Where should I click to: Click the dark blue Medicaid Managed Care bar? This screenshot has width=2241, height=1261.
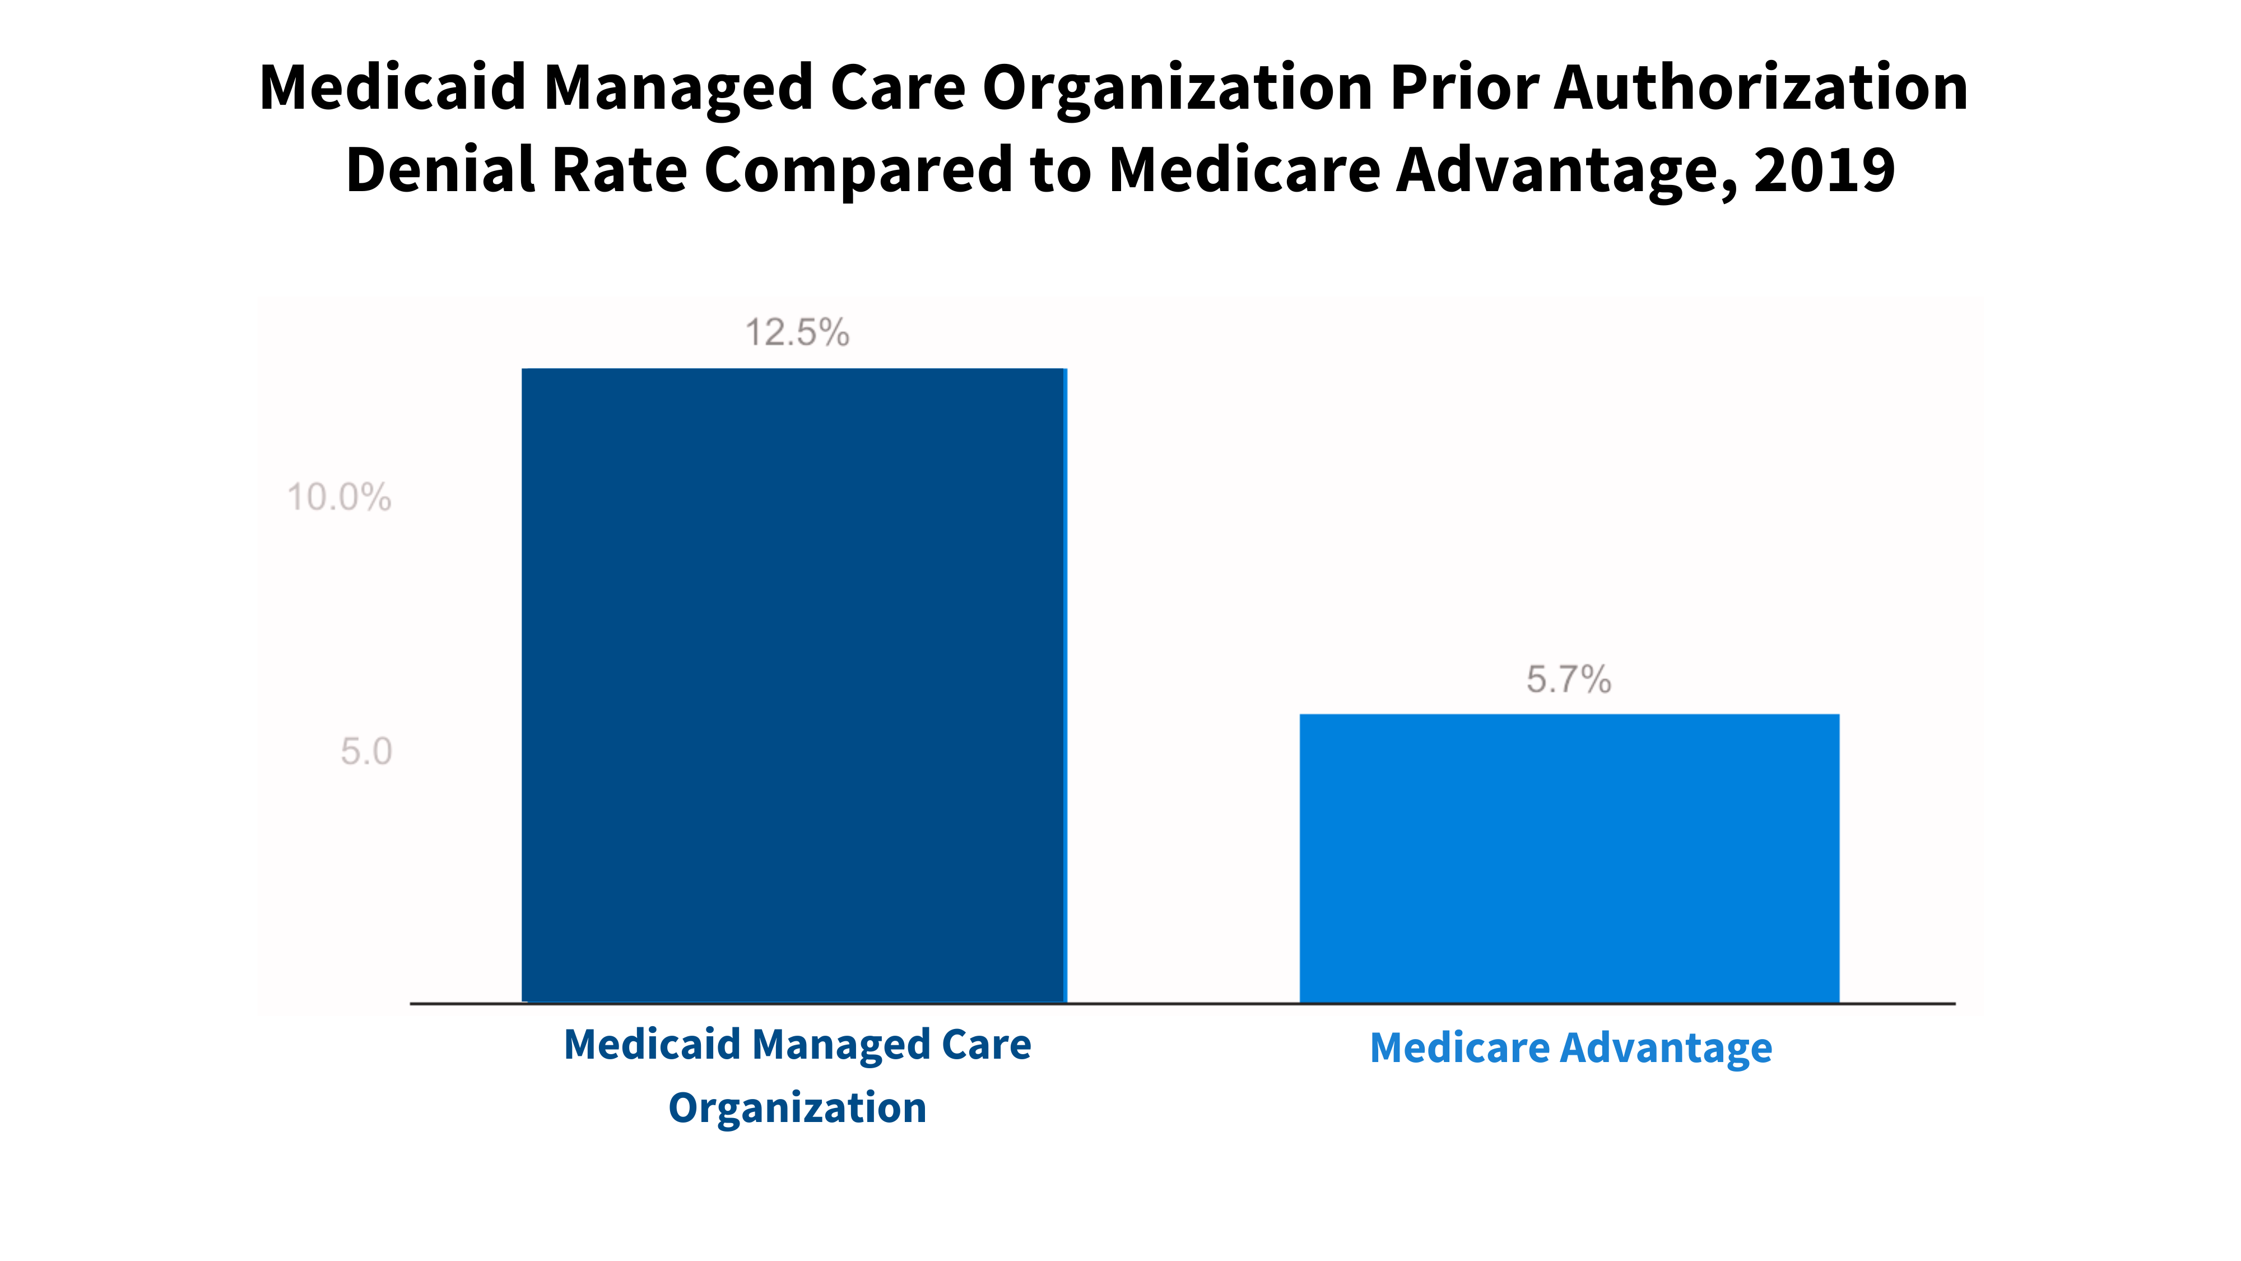(x=793, y=685)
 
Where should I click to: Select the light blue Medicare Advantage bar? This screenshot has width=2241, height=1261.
(x=1569, y=858)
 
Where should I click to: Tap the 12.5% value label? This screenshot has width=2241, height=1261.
(x=797, y=332)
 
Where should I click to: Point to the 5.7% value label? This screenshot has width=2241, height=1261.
(x=1569, y=680)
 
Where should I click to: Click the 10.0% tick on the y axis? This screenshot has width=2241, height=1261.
(x=340, y=498)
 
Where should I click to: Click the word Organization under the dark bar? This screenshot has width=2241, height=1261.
(x=797, y=1108)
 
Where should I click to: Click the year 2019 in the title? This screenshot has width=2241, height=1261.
(x=1824, y=170)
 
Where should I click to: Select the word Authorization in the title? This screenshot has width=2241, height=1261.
(x=1761, y=88)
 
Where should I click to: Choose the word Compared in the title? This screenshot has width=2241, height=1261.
(x=858, y=170)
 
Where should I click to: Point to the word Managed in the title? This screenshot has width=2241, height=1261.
(x=678, y=88)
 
